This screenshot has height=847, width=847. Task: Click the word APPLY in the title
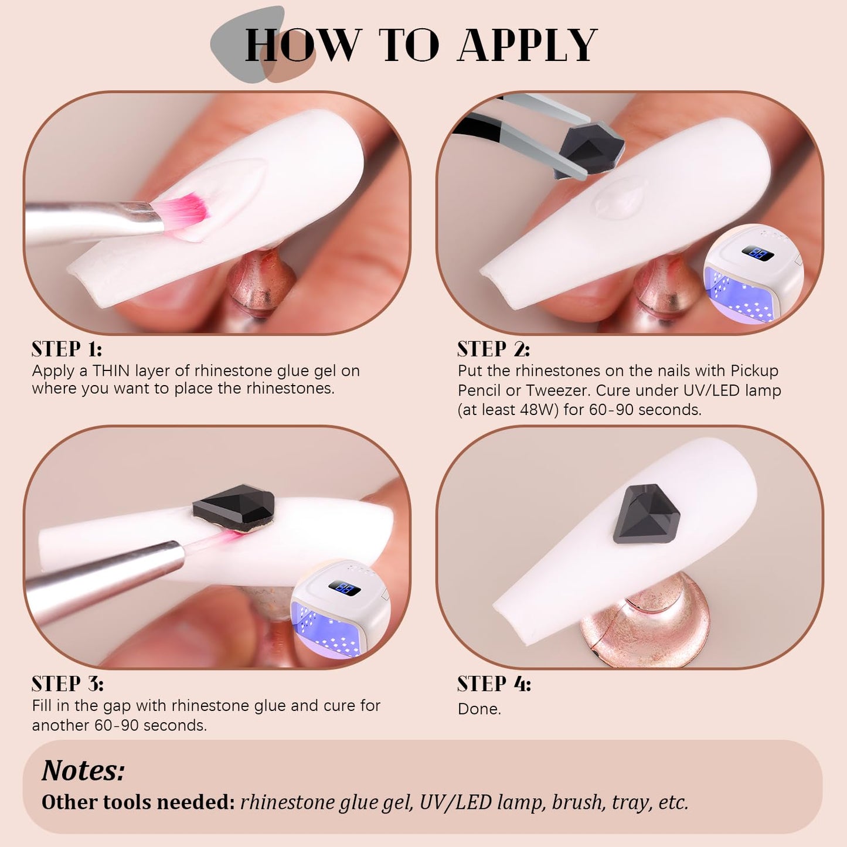point(528,45)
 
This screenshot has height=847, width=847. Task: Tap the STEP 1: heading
point(67,349)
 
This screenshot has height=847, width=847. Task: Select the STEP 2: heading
point(494,349)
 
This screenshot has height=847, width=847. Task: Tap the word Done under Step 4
point(479,709)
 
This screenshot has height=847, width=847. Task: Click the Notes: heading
point(83,771)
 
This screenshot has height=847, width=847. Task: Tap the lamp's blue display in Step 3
point(345,588)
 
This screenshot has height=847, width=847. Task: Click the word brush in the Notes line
point(577,802)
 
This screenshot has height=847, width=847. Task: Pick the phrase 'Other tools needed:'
point(138,802)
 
